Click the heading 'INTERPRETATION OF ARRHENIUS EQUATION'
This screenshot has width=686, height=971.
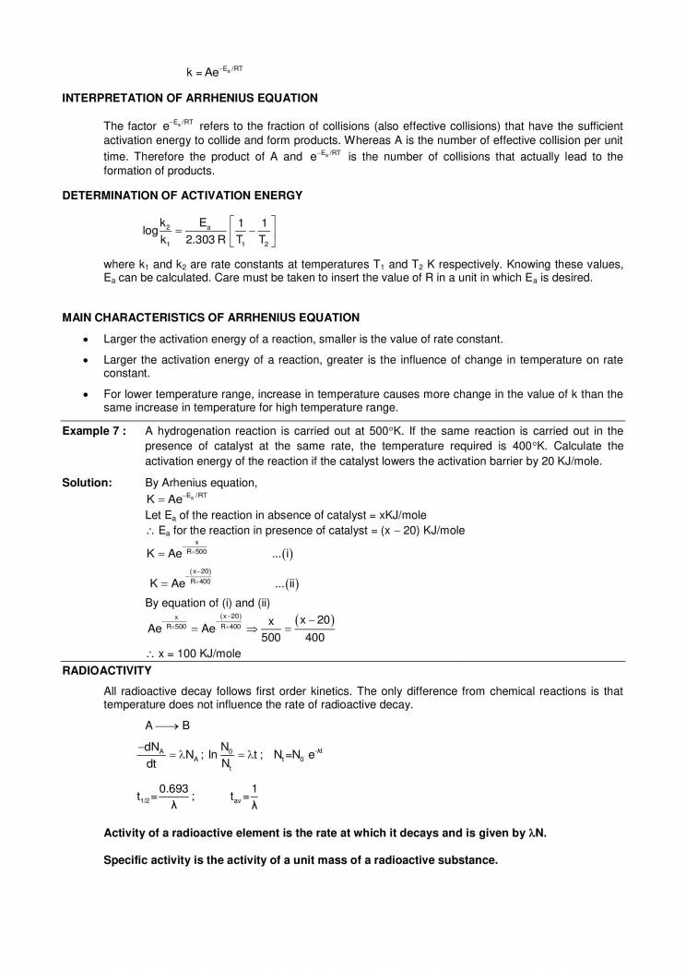(190, 98)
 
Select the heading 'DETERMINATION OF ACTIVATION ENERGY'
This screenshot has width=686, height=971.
(182, 195)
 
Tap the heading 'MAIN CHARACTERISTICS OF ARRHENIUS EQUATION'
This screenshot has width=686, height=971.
(210, 318)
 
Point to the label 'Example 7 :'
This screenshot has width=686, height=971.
(93, 431)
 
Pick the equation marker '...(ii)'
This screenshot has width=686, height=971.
(287, 583)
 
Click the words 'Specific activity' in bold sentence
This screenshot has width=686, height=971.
(148, 859)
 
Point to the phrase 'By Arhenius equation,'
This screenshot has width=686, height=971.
(202, 483)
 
